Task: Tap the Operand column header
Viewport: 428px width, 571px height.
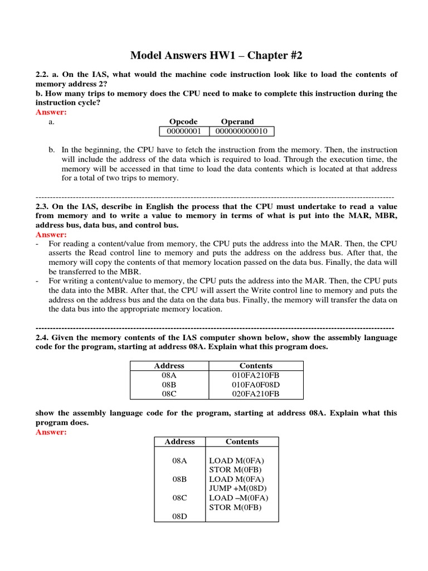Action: click(x=237, y=122)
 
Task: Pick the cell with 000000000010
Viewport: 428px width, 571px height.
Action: click(x=241, y=131)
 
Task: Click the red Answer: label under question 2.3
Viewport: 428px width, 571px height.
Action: click(x=51, y=235)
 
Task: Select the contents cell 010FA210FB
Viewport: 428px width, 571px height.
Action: click(x=256, y=375)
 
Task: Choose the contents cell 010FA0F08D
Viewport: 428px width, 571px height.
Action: click(x=256, y=385)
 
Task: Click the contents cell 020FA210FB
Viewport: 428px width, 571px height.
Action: click(x=256, y=394)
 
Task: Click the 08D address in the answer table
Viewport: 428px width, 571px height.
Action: click(x=179, y=516)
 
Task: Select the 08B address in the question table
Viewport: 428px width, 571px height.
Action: click(x=169, y=385)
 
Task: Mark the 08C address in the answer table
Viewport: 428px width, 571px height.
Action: click(x=179, y=498)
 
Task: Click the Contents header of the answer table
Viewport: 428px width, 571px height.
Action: click(x=242, y=442)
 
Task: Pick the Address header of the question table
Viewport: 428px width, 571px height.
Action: click(x=169, y=366)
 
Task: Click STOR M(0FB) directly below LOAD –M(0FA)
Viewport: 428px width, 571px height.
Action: click(x=235, y=507)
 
